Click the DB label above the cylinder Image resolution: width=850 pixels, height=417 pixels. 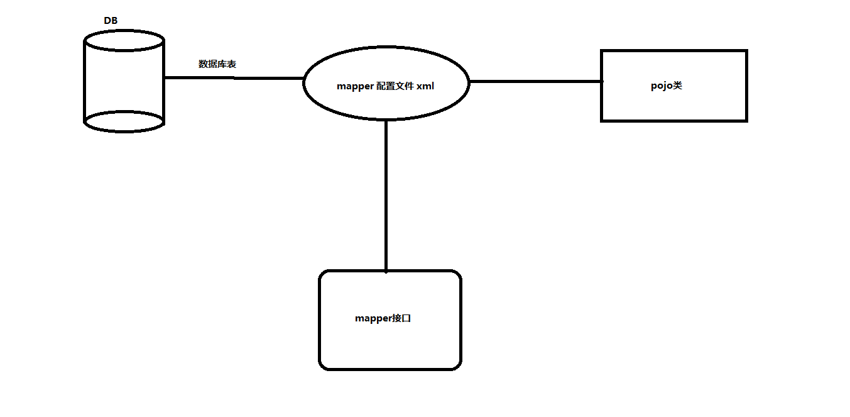pos(111,21)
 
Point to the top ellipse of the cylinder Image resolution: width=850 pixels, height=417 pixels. pos(124,41)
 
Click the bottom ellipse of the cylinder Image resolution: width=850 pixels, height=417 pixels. pos(124,121)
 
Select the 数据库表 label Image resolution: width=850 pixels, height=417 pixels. pos(217,64)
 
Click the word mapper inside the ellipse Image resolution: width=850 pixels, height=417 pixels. pos(356,87)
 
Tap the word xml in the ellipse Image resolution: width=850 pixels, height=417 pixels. pos(425,87)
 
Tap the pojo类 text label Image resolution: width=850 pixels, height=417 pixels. pos(667,86)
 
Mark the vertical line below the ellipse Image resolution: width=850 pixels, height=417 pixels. pos(386,195)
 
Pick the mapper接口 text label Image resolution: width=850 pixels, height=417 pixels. pos(383,318)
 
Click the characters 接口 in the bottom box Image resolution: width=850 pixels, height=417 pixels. pos(402,318)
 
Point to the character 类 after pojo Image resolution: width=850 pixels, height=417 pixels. pos(677,86)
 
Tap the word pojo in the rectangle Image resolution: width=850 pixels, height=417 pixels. pos(662,86)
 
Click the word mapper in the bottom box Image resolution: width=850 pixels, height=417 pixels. pos(374,318)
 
